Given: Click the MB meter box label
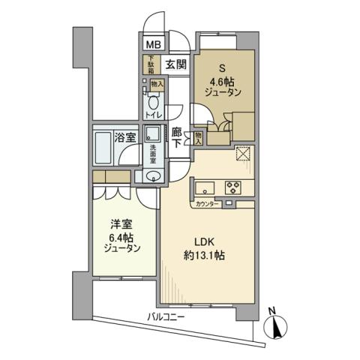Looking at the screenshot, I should click(152, 45).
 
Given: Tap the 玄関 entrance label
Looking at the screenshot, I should click(177, 64).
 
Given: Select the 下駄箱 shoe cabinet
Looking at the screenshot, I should click(150, 65).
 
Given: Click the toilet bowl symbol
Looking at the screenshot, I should click(154, 102).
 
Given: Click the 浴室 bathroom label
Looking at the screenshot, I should click(125, 137).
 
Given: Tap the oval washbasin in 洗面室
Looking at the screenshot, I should click(153, 178).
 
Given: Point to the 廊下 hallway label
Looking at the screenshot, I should click(177, 138).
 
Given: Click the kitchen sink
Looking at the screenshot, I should click(208, 187).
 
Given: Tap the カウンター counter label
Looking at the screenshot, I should click(207, 204).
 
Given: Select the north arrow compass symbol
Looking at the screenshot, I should click(277, 325).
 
